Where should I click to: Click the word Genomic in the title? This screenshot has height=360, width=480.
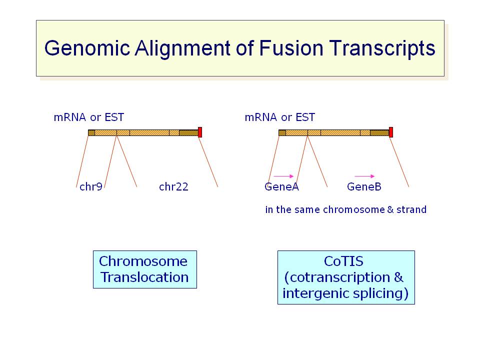point(87,48)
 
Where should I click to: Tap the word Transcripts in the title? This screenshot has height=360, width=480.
point(382,48)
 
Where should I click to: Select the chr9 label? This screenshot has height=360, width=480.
point(91,186)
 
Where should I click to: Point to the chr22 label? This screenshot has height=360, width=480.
point(173,186)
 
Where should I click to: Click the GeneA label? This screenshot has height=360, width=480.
point(281,186)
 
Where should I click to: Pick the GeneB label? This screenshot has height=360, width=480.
point(364,186)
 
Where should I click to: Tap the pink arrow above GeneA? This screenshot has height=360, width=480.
point(283,176)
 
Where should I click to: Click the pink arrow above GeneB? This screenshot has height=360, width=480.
point(364,176)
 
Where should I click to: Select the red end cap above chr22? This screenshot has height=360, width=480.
point(200,132)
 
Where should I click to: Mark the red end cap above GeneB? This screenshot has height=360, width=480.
point(391,132)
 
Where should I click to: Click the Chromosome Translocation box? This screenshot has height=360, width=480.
point(145,269)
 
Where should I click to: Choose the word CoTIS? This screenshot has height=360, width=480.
point(343,261)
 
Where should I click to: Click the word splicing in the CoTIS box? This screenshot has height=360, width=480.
point(378,293)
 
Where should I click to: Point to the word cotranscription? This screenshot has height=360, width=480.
point(340,277)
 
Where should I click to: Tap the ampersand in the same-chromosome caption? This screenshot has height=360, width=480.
point(390,209)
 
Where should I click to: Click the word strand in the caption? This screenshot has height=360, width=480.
point(411,209)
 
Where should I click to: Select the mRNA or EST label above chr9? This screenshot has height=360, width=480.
point(89,117)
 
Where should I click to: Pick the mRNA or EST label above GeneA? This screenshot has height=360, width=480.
point(280,117)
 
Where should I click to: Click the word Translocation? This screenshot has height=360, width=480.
point(144,277)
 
